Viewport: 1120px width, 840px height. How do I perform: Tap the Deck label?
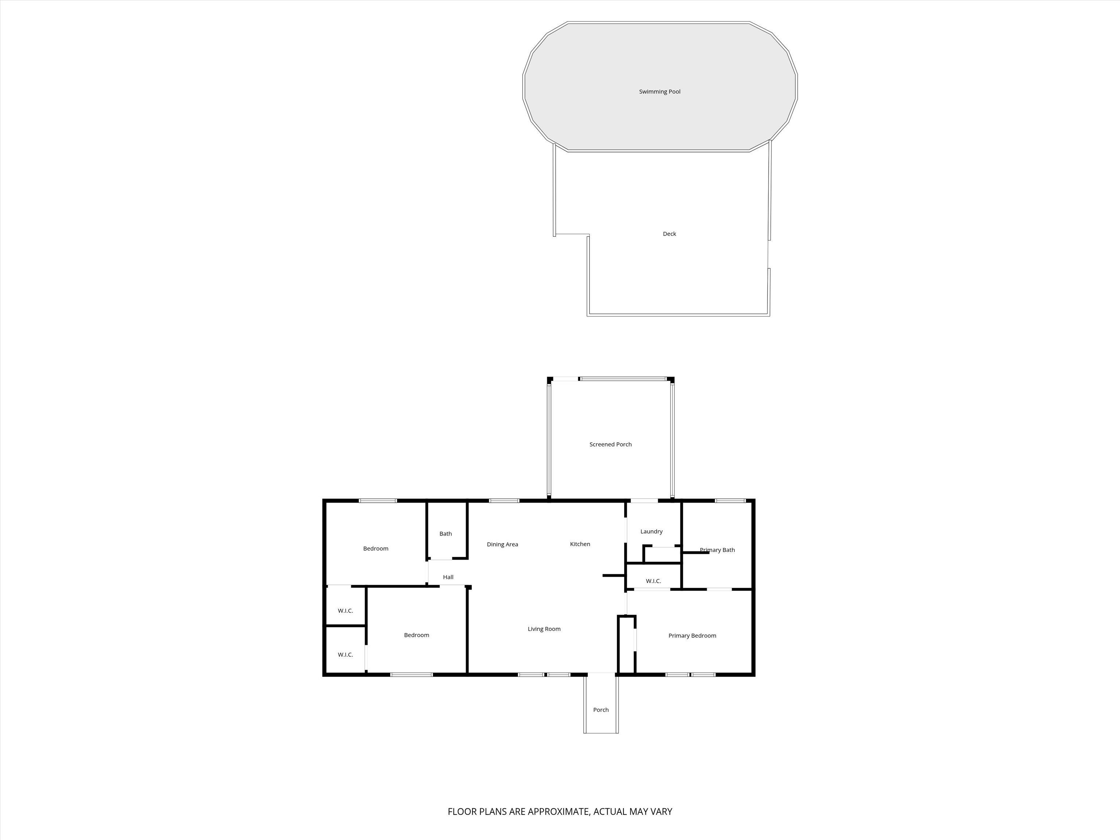tap(669, 234)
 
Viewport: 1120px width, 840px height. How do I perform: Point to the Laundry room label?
tap(651, 532)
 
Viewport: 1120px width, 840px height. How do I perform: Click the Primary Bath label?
tap(717, 550)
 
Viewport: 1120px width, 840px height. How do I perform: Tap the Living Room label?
tap(544, 629)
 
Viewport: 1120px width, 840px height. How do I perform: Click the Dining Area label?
tap(502, 545)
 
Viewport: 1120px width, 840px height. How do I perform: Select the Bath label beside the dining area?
tap(446, 534)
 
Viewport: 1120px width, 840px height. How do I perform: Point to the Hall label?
tap(448, 577)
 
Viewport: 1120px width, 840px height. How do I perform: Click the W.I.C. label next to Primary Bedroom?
tap(653, 581)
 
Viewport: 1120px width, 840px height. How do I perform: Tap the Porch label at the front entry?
tap(601, 710)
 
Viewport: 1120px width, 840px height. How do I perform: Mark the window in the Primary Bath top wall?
tap(730, 501)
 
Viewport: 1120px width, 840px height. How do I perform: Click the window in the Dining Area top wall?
tap(504, 501)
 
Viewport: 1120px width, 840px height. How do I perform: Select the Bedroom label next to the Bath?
tap(376, 549)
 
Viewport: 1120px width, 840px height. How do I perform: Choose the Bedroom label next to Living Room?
tap(416, 635)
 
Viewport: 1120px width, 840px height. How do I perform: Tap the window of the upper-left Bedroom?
tap(378, 501)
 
